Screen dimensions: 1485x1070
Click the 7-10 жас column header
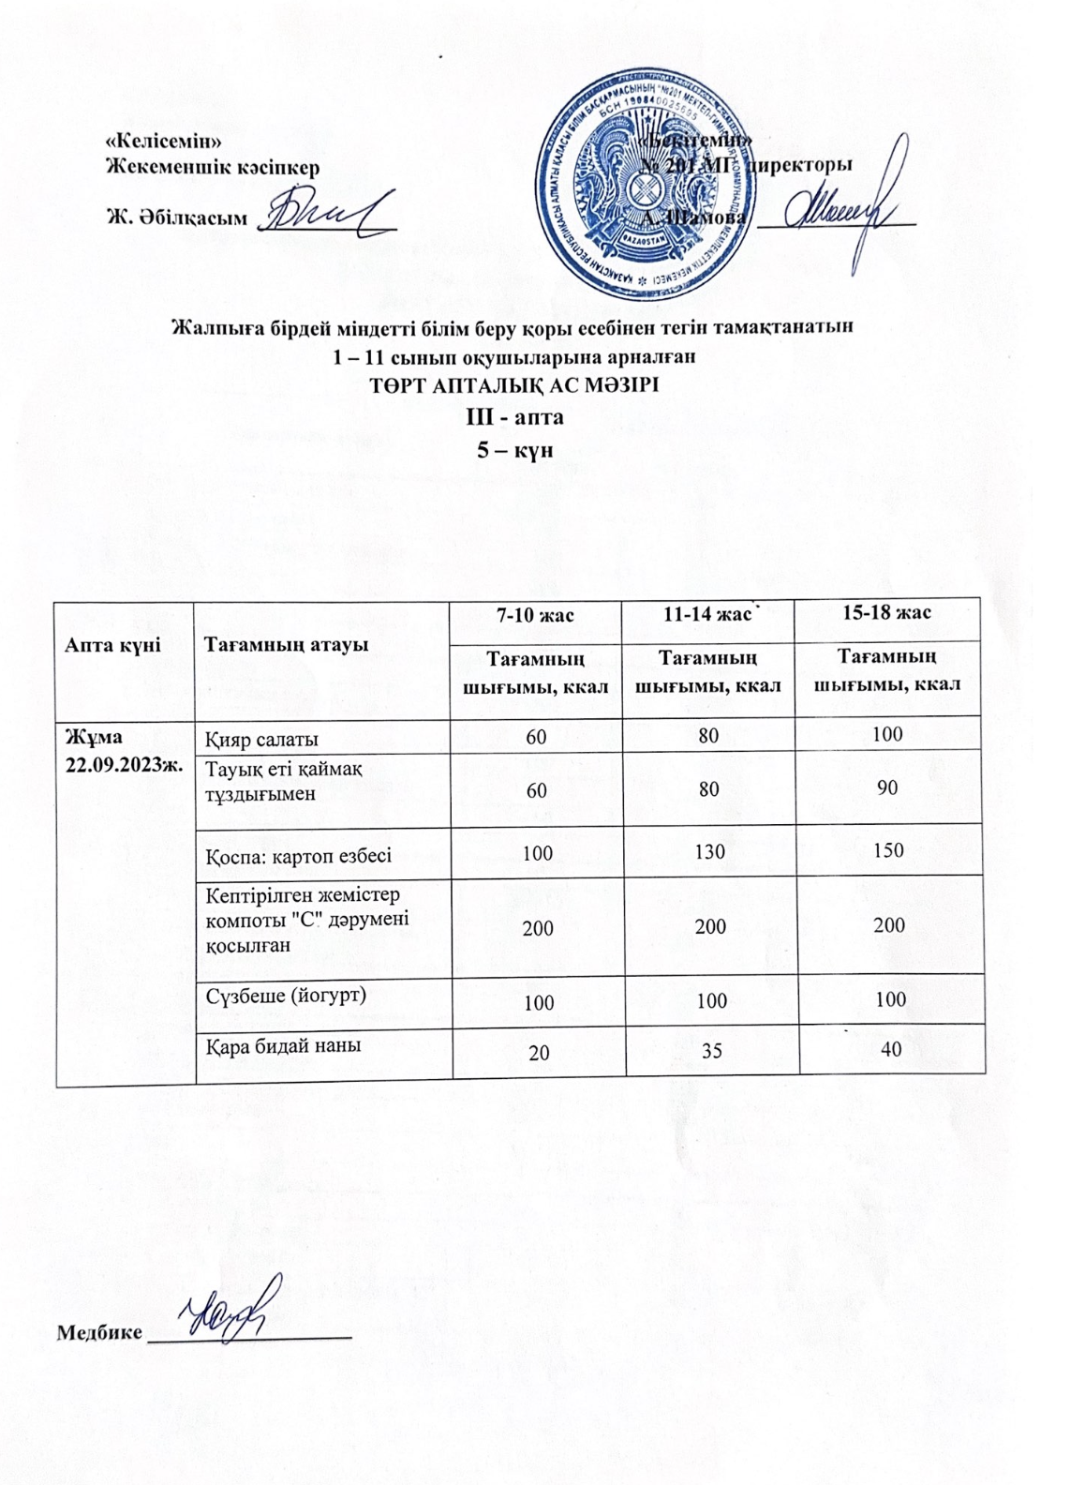pos(536,615)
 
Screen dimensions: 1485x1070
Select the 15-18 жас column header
pos(886,613)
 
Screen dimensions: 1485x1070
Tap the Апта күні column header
pos(113,645)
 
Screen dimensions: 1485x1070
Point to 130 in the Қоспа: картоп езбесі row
pos(711,851)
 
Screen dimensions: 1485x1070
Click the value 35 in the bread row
pos(711,1051)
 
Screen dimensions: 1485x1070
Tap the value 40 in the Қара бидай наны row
pos(890,1050)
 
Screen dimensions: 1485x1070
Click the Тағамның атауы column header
pos(287,645)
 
